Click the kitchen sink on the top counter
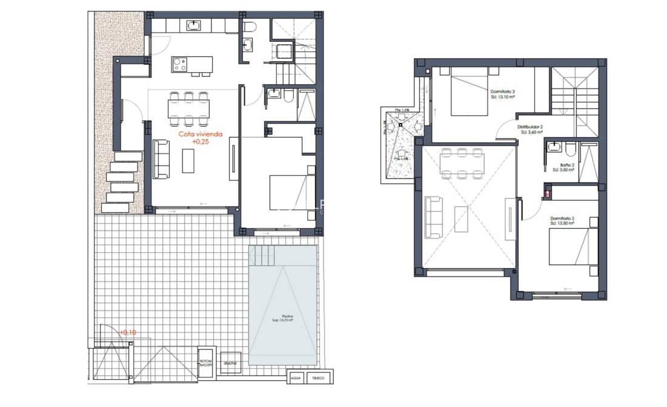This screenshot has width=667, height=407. click(193, 25)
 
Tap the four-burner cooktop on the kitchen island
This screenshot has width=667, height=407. click(179, 64)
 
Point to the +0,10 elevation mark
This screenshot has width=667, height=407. click(127, 332)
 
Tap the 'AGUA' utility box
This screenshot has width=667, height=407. click(296, 378)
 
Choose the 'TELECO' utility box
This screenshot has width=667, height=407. click(317, 378)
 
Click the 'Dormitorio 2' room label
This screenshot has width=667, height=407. click(562, 218)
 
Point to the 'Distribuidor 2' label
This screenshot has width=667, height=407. click(529, 127)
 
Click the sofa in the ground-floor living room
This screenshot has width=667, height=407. click(161, 159)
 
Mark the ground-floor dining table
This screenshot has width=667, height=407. click(188, 109)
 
